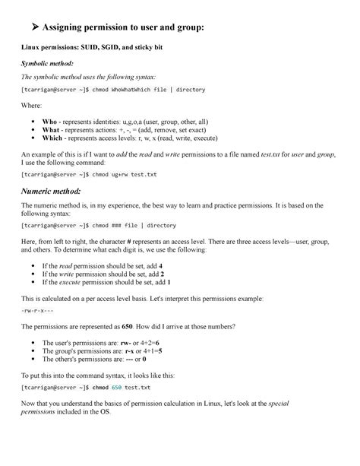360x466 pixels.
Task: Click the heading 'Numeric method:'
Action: click(x=55, y=190)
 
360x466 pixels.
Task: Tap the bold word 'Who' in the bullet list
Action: click(x=49, y=122)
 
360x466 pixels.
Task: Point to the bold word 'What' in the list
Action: click(x=50, y=130)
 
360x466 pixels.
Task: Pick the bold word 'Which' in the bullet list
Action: click(x=52, y=138)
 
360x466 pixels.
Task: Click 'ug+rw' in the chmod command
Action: click(x=122, y=174)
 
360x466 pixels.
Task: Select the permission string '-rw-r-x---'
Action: click(x=36, y=312)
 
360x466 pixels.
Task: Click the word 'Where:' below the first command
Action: click(x=31, y=106)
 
